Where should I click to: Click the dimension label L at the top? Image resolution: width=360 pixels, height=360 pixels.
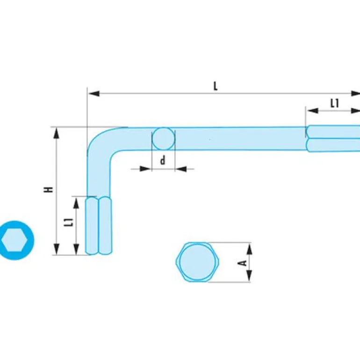coord(216,86)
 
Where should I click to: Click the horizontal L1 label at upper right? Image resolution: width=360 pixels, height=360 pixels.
coord(334,103)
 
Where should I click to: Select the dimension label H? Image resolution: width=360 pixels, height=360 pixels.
coord(49,189)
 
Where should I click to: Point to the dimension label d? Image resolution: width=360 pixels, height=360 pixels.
coord(163,161)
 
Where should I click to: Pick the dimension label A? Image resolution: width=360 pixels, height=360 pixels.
coord(243,263)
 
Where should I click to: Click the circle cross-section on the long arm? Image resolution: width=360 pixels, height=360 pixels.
coord(163,139)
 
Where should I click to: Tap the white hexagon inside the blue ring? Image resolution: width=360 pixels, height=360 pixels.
coord(15,240)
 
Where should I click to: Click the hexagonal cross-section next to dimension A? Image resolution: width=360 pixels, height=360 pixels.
coord(198,262)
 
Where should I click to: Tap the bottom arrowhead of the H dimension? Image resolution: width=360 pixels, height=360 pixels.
coord(57,249)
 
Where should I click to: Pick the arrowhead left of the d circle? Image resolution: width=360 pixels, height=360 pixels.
coord(146,168)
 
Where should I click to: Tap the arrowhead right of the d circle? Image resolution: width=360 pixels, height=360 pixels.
coord(181,168)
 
